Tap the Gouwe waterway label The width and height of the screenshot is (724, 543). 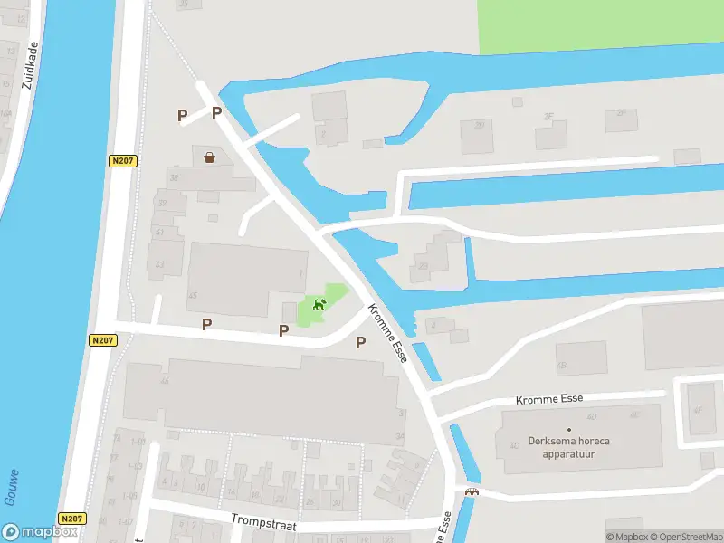[12, 488]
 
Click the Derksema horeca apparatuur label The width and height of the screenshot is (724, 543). [569, 447]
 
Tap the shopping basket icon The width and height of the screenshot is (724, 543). [210, 157]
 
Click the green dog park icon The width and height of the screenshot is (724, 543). [319, 305]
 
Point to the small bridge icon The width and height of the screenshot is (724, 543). [470, 492]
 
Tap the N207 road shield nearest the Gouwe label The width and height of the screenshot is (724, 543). [71, 519]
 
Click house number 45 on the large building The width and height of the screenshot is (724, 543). [192, 296]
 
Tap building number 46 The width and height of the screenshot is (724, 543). [165, 381]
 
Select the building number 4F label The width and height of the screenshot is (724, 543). [698, 410]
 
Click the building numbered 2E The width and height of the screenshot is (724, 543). [548, 117]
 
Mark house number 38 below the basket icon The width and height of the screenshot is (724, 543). [174, 178]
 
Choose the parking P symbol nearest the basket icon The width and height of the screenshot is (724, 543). [216, 112]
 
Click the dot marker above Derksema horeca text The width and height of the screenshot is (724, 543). [569, 429]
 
